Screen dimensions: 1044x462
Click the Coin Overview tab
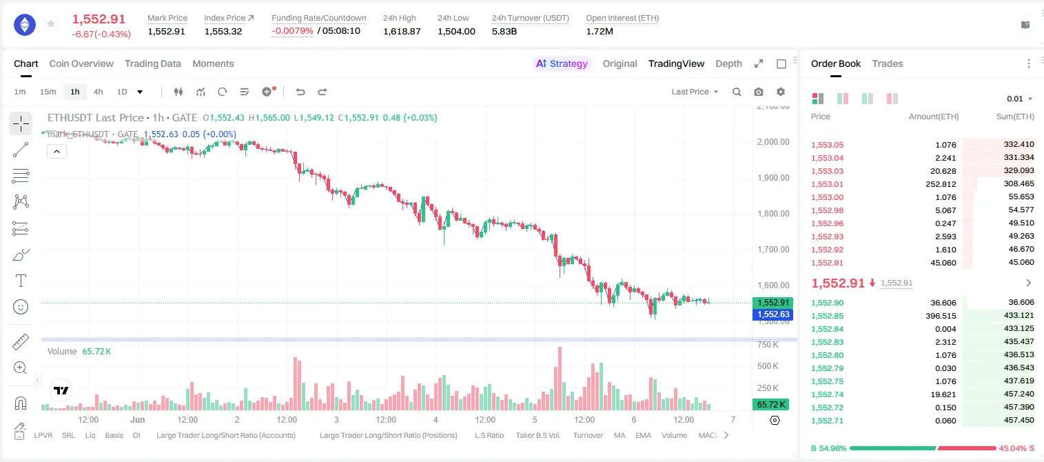coord(81,63)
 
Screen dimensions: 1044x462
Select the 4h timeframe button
coord(98,92)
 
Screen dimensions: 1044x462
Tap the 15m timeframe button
coord(48,92)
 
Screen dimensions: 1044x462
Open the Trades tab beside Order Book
coord(888,63)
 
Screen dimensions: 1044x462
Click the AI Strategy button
coord(562,63)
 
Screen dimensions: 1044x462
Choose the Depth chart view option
coord(728,63)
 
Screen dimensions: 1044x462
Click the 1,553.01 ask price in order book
coord(828,184)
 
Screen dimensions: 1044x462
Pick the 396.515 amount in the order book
coord(941,316)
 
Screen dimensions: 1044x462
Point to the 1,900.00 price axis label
coord(773,178)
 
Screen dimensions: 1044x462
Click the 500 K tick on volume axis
coord(768,366)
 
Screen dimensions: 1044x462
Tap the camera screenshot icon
coord(759,92)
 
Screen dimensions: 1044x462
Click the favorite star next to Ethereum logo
coord(51,23)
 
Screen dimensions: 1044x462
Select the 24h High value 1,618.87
coord(402,31)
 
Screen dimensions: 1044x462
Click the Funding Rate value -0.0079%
coord(292,31)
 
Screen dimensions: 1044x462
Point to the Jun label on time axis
coord(138,419)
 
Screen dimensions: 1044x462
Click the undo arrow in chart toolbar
coord(300,92)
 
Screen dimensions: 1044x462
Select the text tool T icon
coord(21,281)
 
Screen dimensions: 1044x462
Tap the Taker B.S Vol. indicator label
coord(538,435)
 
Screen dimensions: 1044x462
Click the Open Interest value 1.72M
coord(600,31)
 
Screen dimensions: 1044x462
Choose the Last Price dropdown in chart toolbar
coord(695,92)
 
